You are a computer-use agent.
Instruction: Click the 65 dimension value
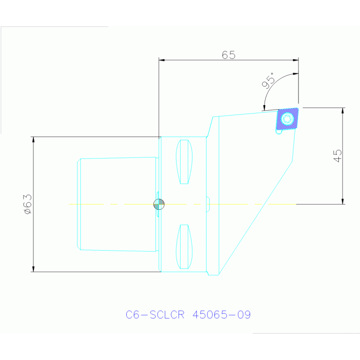click(229, 55)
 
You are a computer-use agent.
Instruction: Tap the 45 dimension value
click(337, 156)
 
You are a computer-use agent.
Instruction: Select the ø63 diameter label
click(28, 204)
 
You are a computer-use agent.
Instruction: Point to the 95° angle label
click(268, 81)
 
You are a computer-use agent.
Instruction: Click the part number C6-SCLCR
click(155, 314)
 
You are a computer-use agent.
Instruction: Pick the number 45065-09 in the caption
click(222, 314)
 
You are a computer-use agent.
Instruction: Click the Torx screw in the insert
click(287, 119)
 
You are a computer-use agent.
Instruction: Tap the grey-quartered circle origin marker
click(159, 204)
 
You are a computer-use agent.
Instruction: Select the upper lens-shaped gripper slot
click(184, 162)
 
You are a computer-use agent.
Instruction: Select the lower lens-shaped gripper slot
click(184, 246)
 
